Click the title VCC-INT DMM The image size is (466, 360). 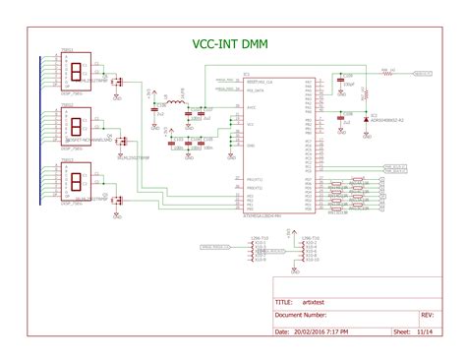coord(232,44)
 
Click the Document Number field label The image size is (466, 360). coord(301,316)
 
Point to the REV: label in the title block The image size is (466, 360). coord(427,316)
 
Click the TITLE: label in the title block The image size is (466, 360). coord(284,303)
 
